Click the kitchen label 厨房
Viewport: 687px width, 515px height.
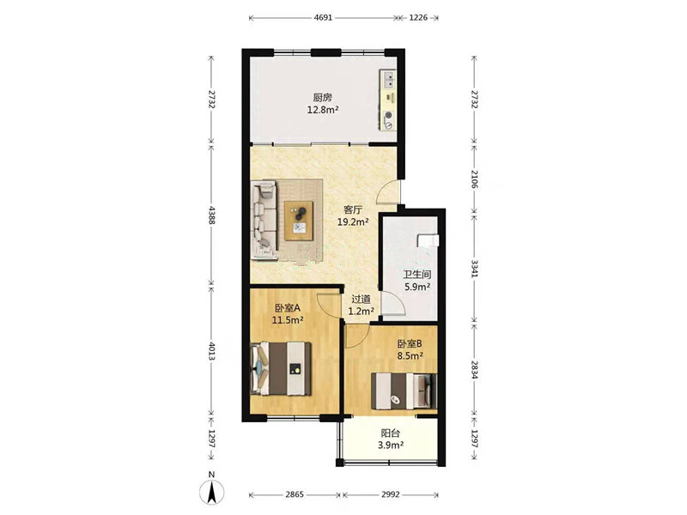tap(322, 97)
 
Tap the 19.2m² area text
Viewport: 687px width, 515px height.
tap(353, 222)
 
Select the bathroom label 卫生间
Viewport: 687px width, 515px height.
tap(417, 275)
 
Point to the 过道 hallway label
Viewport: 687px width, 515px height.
tap(361, 300)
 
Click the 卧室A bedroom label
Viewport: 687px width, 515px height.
tap(288, 308)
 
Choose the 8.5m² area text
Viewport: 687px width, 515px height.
tap(410, 356)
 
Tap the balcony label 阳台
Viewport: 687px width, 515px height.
tap(391, 433)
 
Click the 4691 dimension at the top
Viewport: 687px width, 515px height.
tap(324, 18)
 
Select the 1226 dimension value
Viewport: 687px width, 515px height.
tap(418, 18)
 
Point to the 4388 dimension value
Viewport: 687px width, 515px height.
tap(212, 215)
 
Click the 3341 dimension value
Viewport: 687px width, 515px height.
tap(475, 269)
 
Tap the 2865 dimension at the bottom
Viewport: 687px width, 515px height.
tap(295, 495)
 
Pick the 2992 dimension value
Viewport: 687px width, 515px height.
tap(391, 495)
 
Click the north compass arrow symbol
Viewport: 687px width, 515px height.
tap(212, 492)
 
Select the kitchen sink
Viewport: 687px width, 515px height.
tap(388, 80)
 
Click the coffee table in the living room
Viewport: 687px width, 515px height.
tap(299, 221)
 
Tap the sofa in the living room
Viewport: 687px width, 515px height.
tap(264, 221)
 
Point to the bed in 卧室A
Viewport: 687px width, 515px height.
tap(281, 369)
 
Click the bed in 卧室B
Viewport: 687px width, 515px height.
tap(404, 391)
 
